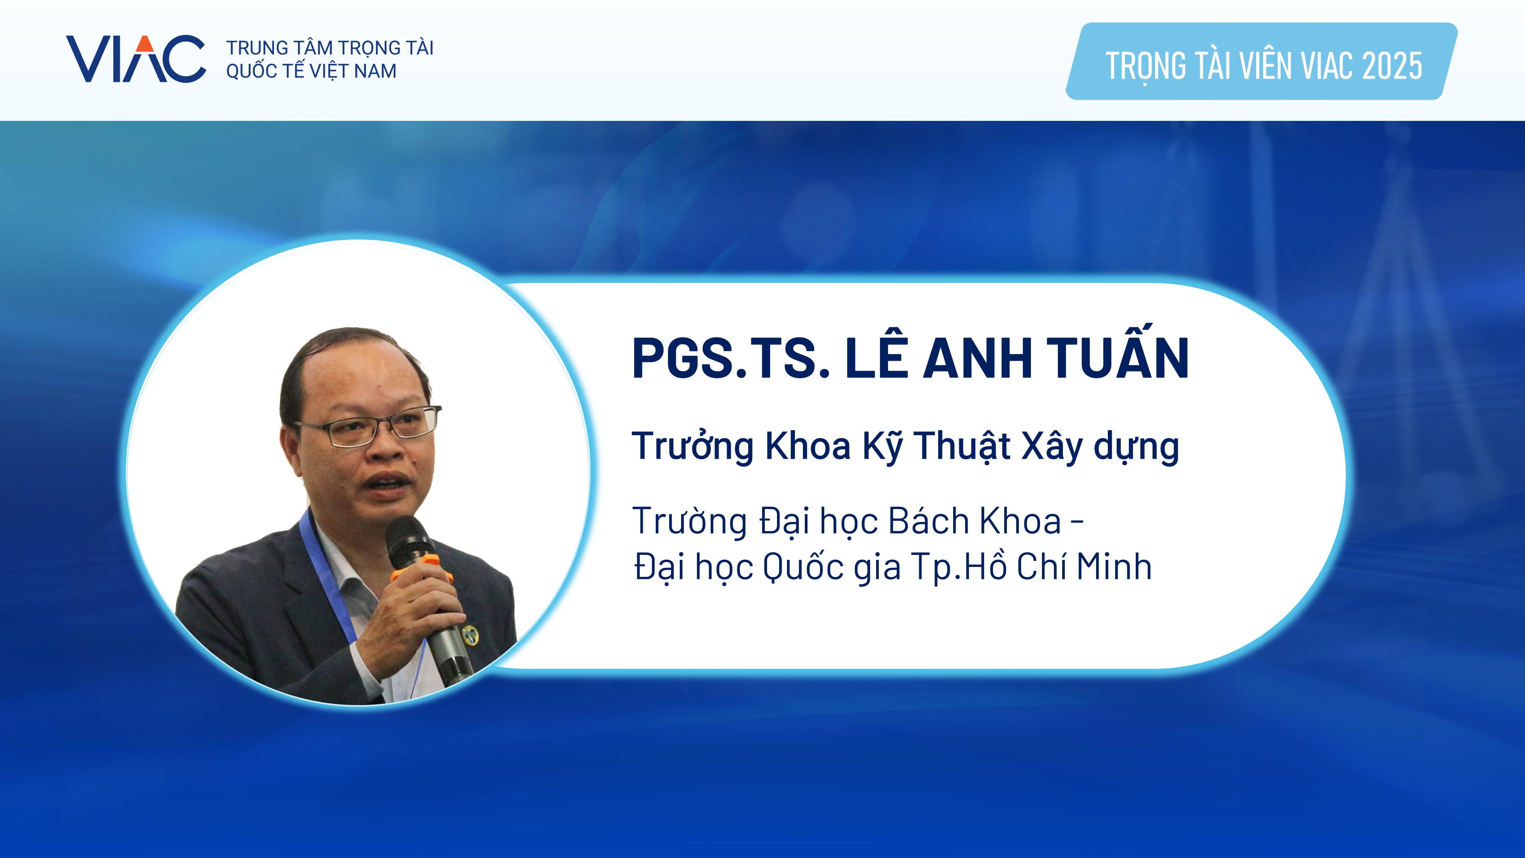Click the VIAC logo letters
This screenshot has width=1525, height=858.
click(136, 59)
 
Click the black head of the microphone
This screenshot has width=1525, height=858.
click(408, 539)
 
